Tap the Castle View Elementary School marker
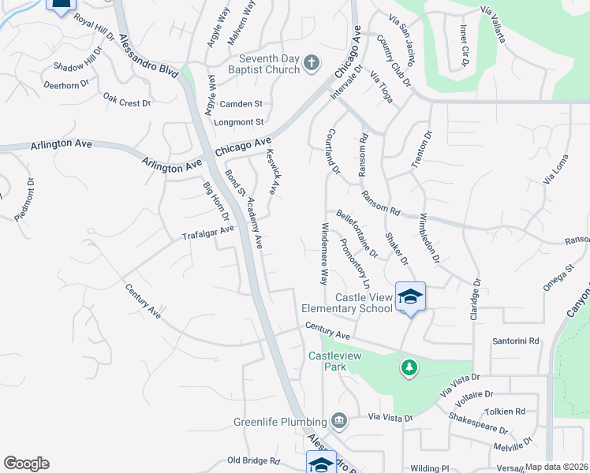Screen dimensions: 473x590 tap(410, 296)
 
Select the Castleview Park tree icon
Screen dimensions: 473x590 tap(409, 367)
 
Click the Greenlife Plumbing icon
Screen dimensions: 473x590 tap(339, 420)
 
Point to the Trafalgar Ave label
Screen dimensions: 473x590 tap(208, 233)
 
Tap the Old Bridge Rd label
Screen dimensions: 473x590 tap(253, 460)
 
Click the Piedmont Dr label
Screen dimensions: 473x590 tap(26, 203)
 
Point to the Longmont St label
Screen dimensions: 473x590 tap(238, 122)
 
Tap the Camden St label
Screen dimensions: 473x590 tap(241, 104)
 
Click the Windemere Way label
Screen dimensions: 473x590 tap(323, 252)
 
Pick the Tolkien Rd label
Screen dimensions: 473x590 tap(505, 412)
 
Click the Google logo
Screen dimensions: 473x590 tap(26, 464)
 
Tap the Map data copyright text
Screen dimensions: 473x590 tap(557, 467)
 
